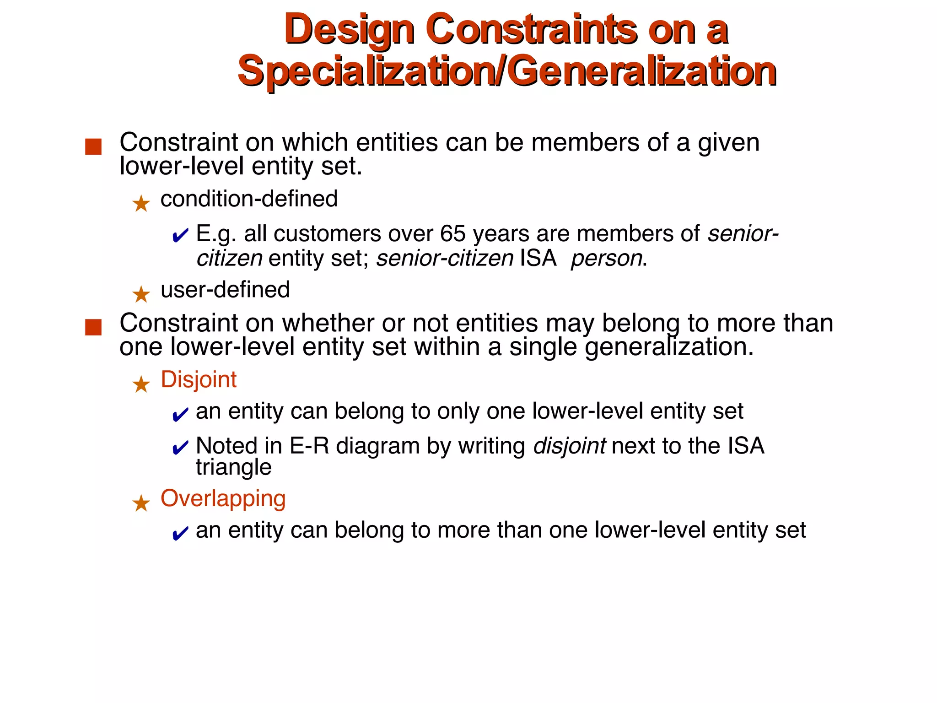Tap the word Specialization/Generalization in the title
[x=507, y=71]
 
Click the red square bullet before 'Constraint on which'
[x=93, y=147]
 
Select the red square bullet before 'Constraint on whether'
[x=93, y=327]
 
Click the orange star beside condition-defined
[x=141, y=203]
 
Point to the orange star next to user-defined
[x=141, y=294]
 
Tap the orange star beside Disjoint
[x=141, y=384]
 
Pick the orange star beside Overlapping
[x=141, y=503]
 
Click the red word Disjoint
[x=199, y=379]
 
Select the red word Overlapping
[x=223, y=498]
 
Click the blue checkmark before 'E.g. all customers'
[x=180, y=236]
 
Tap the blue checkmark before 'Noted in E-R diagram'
[x=180, y=448]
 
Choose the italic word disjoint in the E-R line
[x=570, y=446]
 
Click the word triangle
[x=233, y=467]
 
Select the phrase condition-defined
[x=249, y=199]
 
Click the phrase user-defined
[x=225, y=290]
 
